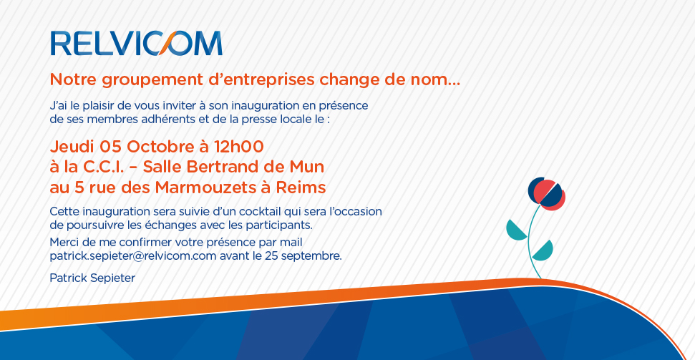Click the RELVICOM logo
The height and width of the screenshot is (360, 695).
[137, 43]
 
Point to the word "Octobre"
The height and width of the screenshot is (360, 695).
[156, 146]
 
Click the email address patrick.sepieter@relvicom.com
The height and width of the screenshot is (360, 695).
[133, 256]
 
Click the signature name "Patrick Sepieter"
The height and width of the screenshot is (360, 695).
[92, 278]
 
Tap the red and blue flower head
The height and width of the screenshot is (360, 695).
[547, 194]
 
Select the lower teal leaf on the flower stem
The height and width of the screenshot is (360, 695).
[543, 251]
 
